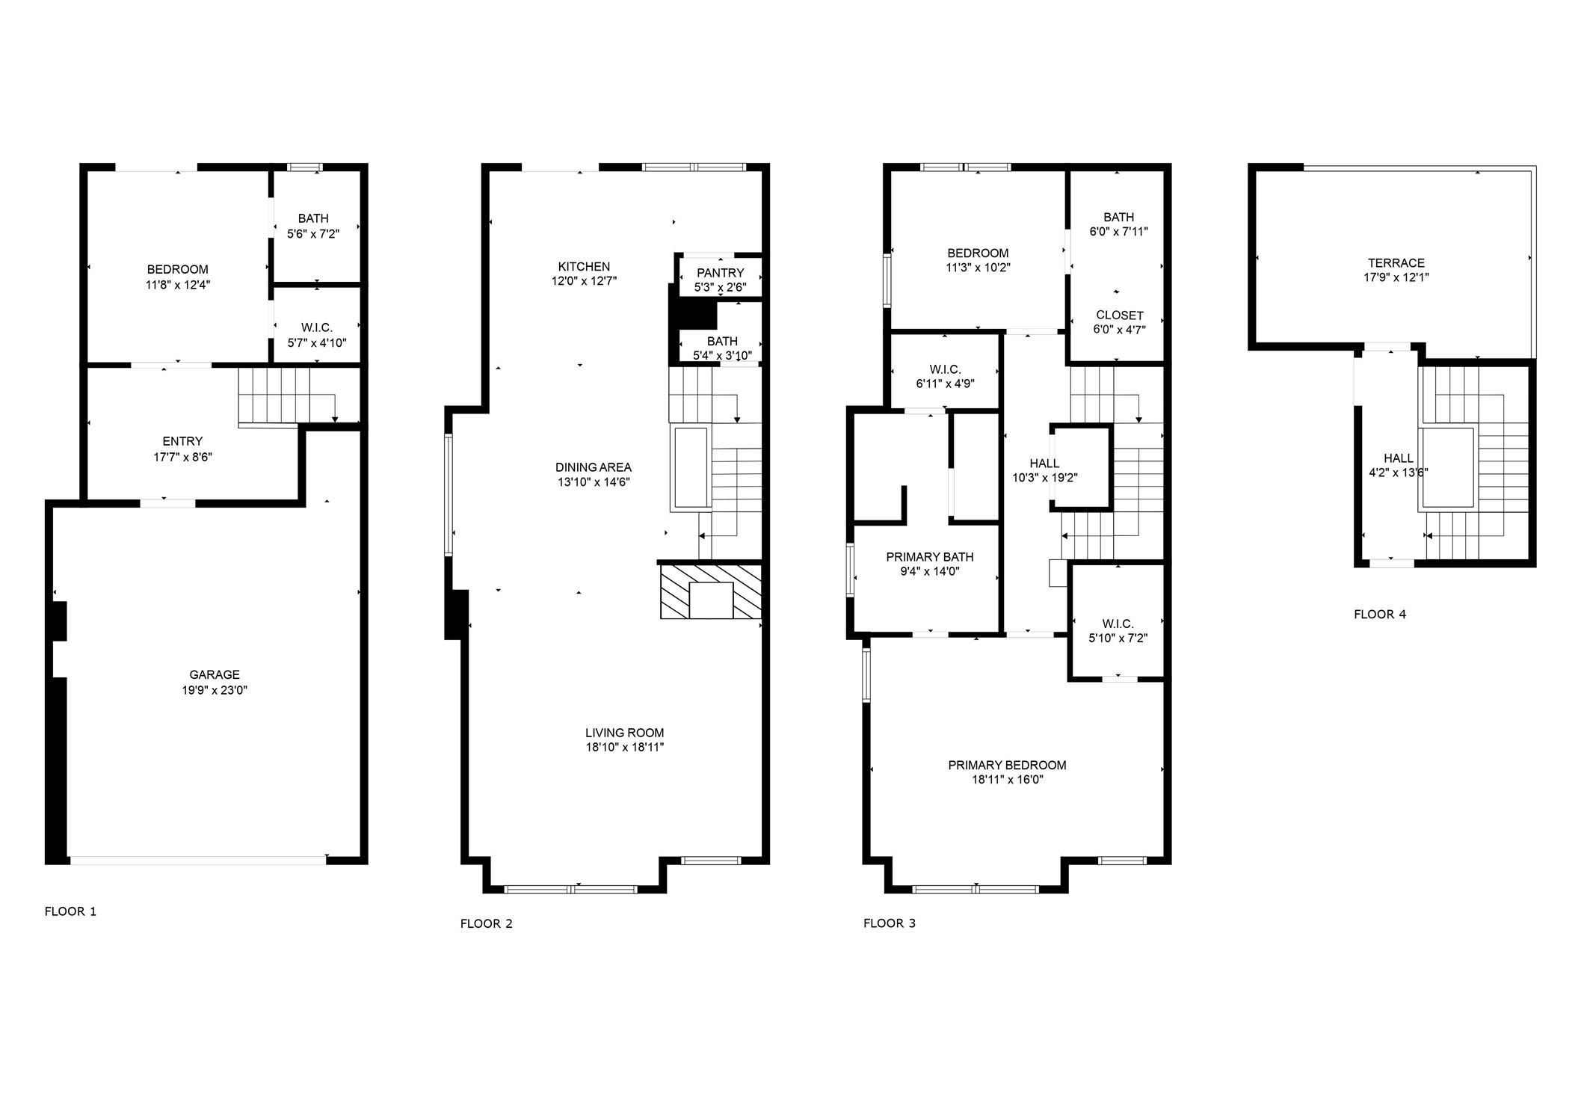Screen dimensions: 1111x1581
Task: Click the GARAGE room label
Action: pyautogui.click(x=215, y=674)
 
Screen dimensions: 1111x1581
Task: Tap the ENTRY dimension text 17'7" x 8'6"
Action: pyautogui.click(x=182, y=457)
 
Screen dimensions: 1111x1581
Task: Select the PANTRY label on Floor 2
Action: pyautogui.click(x=720, y=273)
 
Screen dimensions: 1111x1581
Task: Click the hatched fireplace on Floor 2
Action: pyautogui.click(x=710, y=591)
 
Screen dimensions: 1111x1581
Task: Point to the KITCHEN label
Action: pyautogui.click(x=584, y=267)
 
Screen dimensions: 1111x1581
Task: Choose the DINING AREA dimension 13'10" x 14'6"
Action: pyautogui.click(x=593, y=482)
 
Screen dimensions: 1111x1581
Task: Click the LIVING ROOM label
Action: pyautogui.click(x=624, y=733)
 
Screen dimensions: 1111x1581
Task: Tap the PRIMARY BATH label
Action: pyautogui.click(x=929, y=557)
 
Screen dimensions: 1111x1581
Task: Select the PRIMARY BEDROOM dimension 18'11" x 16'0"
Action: pyautogui.click(x=1007, y=780)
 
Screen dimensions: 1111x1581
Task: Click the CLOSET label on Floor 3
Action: pyautogui.click(x=1119, y=316)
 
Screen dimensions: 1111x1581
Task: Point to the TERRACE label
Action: pyautogui.click(x=1396, y=263)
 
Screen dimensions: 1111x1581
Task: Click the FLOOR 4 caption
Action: pyautogui.click(x=1379, y=615)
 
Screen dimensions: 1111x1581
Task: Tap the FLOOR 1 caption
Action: pyautogui.click(x=70, y=911)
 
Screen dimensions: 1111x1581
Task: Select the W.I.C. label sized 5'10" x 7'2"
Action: pyautogui.click(x=1118, y=624)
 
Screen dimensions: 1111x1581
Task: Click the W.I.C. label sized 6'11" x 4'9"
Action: pyautogui.click(x=945, y=369)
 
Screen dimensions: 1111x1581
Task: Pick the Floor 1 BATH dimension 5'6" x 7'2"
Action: pyautogui.click(x=313, y=234)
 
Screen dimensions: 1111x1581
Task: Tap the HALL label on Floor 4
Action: pyautogui.click(x=1398, y=458)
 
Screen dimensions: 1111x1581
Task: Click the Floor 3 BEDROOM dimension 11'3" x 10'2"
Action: pyautogui.click(x=977, y=268)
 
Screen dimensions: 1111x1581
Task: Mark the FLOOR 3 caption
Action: pyautogui.click(x=889, y=923)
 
